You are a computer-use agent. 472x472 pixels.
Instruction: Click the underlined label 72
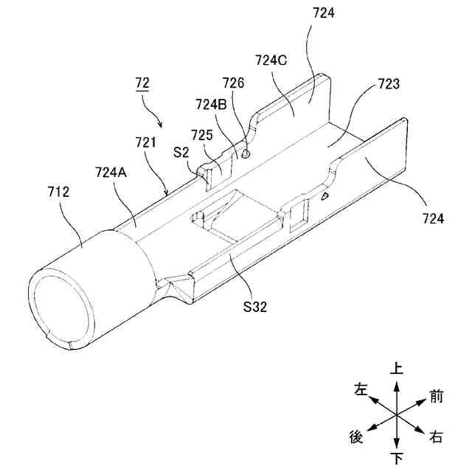pyautogui.click(x=142, y=82)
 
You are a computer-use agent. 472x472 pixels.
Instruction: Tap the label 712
pyautogui.click(x=57, y=192)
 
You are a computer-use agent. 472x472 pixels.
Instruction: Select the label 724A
pyautogui.click(x=111, y=173)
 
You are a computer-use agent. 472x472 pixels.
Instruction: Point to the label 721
pyautogui.click(x=145, y=141)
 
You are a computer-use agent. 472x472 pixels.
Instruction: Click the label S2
pyautogui.click(x=181, y=153)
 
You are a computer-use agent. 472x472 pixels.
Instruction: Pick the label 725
pyautogui.click(x=202, y=135)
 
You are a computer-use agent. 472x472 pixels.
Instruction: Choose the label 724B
pyautogui.click(x=212, y=105)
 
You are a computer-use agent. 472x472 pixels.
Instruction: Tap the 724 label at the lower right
pyautogui.click(x=433, y=218)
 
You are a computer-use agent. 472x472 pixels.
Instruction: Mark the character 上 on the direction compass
pyautogui.click(x=397, y=367)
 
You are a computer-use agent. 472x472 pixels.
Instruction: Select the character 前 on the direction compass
pyautogui.click(x=436, y=396)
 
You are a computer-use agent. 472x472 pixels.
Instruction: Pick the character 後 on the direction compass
pyautogui.click(x=355, y=437)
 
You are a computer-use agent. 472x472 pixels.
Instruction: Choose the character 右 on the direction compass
pyautogui.click(x=436, y=437)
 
